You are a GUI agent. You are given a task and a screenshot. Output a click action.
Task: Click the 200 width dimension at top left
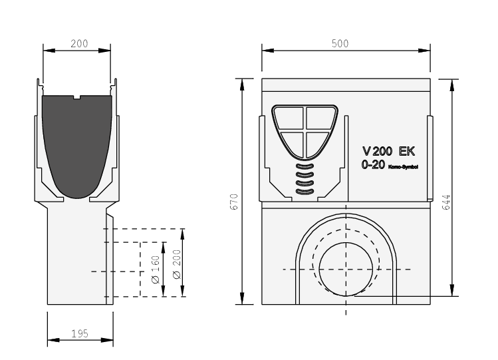click(79, 43)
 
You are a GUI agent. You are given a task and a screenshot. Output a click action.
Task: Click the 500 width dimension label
click(340, 43)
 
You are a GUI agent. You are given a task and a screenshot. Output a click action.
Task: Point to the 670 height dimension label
click(234, 202)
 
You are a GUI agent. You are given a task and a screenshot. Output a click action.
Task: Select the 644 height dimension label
click(446, 202)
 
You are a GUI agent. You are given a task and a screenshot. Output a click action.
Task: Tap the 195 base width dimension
click(79, 333)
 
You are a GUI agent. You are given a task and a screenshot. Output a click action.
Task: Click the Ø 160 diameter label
click(156, 270)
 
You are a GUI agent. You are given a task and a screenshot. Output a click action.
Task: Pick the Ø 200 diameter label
click(177, 265)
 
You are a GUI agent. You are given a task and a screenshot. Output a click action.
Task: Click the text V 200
click(377, 151)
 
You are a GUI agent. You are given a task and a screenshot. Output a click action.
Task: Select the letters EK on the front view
click(407, 151)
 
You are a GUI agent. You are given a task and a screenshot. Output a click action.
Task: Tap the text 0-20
click(373, 164)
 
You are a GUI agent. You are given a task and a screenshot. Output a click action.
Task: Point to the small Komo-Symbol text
click(403, 167)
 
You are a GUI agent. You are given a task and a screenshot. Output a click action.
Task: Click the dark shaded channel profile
click(77, 143)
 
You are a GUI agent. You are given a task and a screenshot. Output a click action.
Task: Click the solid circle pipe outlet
click(346, 270)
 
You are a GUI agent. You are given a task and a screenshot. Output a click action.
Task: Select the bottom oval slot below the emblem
click(305, 192)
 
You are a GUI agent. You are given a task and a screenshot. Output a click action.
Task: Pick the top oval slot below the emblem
click(305, 166)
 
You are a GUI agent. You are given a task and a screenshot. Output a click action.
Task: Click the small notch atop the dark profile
click(77, 97)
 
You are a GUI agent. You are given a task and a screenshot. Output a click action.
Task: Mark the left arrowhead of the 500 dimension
click(268, 50)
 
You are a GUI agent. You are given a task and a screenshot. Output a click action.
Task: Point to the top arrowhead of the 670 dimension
click(242, 85)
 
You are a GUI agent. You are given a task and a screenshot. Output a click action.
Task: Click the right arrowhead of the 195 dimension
click(107, 340)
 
